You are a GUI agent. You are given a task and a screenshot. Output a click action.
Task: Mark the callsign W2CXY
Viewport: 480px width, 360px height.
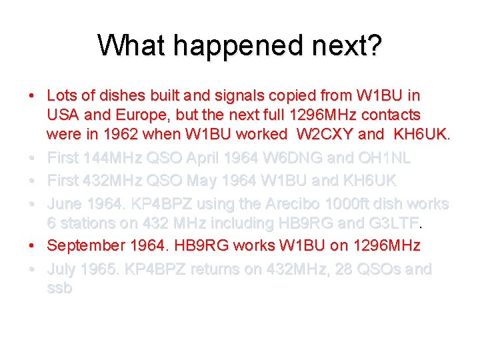coord(322,134)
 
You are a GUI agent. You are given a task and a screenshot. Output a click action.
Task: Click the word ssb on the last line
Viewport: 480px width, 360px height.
coord(59,288)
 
